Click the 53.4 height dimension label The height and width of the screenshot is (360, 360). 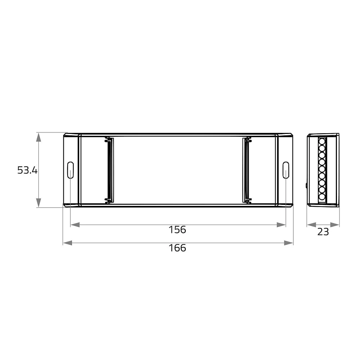point(27,170)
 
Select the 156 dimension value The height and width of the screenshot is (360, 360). point(177,230)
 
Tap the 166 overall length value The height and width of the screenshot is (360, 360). point(177,248)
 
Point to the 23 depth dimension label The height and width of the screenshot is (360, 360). point(323,232)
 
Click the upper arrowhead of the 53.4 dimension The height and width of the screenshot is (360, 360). point(39,137)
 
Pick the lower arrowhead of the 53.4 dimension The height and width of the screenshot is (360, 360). point(39,202)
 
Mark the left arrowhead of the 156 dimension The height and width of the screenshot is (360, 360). point(75,225)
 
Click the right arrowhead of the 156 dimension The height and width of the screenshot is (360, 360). point(281,225)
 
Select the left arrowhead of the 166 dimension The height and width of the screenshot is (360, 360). point(68,243)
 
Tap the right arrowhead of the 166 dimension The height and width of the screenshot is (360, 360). point(289,243)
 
